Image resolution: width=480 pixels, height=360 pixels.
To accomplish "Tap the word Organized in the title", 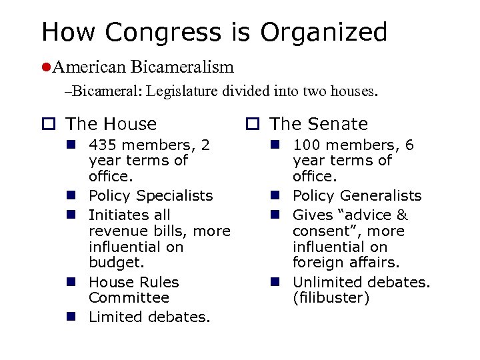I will coord(324,32).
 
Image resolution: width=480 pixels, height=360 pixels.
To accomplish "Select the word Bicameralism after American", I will coord(182,67).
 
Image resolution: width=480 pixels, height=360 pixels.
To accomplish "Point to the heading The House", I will coord(111,124).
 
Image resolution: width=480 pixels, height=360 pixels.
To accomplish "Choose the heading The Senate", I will coord(319,124).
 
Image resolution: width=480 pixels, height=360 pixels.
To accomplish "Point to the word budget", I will coord(111,263).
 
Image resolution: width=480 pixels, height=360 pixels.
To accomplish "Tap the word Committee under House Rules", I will coord(119,297).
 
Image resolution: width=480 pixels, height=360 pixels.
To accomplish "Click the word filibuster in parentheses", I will coord(331,298).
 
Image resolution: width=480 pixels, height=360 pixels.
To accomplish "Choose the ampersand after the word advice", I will coord(402,215).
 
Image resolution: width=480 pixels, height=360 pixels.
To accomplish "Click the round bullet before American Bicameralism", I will coord(45,67).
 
